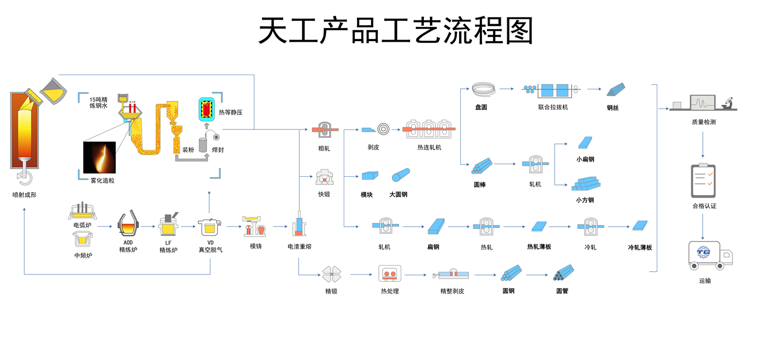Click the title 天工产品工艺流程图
(x=396, y=31)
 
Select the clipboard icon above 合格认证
(x=703, y=181)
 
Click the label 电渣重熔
(x=299, y=246)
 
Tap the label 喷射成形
(x=25, y=195)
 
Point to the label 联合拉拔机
(x=553, y=108)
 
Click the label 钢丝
(x=613, y=108)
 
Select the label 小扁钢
(x=585, y=160)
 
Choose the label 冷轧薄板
(x=640, y=248)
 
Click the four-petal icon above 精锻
(x=331, y=273)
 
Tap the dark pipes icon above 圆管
(x=564, y=273)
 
